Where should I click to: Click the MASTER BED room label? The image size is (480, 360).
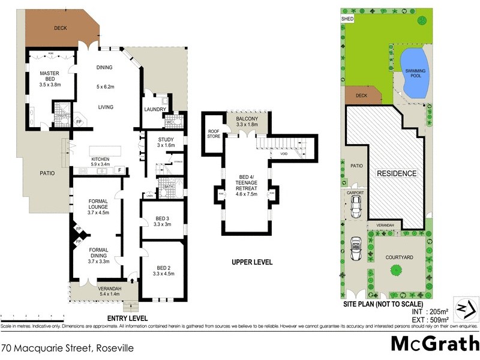49,76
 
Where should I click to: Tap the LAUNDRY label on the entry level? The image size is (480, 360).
155,109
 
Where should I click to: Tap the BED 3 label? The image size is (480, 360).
162,221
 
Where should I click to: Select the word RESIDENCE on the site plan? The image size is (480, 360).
396,173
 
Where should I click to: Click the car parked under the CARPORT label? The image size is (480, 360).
356,208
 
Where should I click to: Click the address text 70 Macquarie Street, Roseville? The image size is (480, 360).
67,347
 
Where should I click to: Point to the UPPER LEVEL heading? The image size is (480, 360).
251,262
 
